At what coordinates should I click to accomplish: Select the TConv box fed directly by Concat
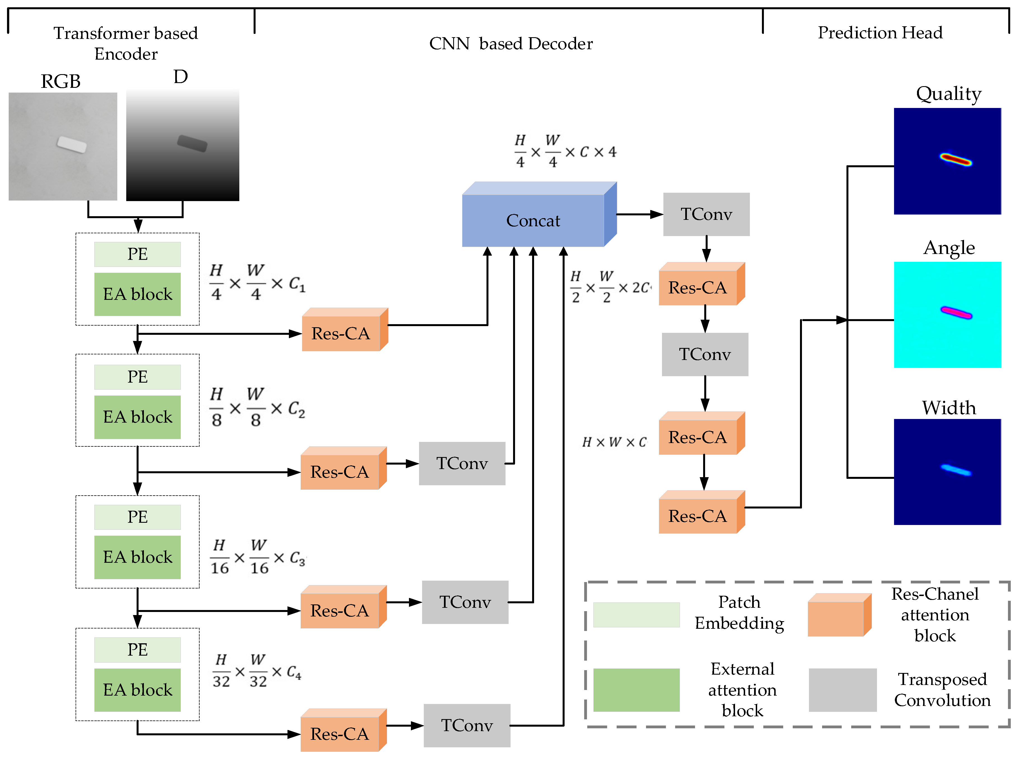[x=706, y=214]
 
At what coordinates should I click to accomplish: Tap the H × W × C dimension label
[x=614, y=442]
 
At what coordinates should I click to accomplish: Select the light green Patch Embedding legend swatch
[x=636, y=615]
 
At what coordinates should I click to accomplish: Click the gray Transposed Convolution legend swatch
[x=843, y=690]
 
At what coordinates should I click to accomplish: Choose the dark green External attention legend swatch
[x=636, y=690]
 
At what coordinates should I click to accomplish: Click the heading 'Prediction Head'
[x=880, y=33]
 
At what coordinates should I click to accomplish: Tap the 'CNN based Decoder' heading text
[x=511, y=44]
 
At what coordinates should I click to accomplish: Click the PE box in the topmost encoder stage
[x=137, y=254]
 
